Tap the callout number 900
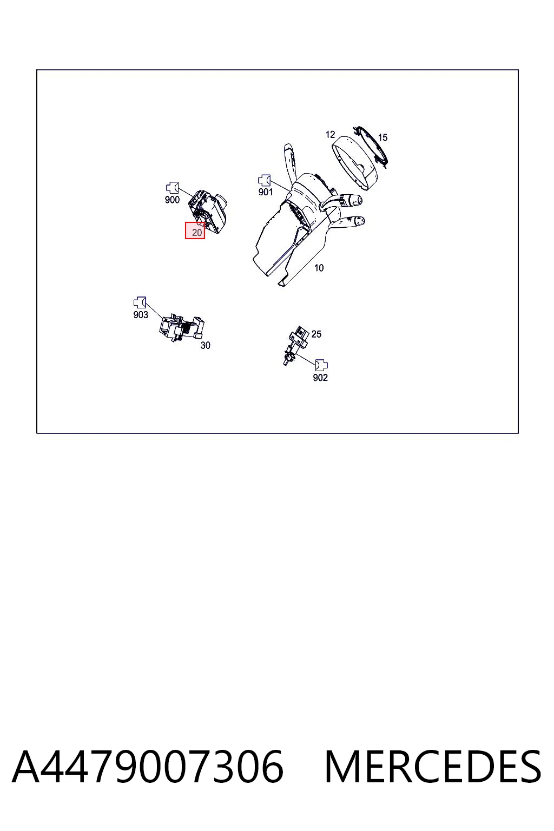[172, 200]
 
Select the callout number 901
[266, 192]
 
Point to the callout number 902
[320, 377]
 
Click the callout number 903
[141, 314]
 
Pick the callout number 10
[319, 267]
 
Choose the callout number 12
[330, 134]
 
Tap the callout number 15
[382, 137]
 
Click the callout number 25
[316, 334]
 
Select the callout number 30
[205, 345]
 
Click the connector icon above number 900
[172, 188]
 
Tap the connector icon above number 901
[264, 180]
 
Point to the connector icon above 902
[321, 365]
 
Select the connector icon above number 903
[140, 302]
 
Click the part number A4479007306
[148, 767]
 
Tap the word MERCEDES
[433, 767]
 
